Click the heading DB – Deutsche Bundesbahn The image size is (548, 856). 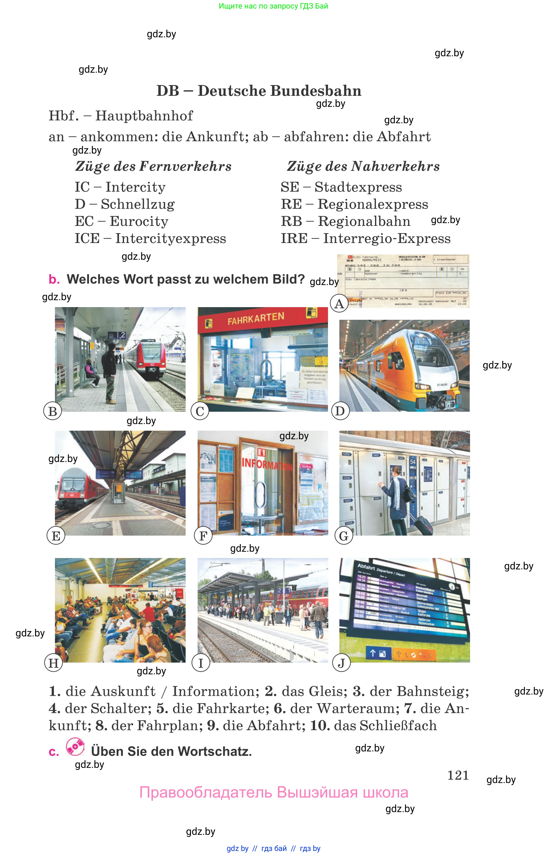point(259,91)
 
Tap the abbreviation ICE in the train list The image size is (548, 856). point(87,238)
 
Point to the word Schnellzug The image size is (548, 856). point(138,204)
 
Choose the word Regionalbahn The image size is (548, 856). point(364,221)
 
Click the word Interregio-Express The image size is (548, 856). point(386,238)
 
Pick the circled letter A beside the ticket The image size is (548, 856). point(339,303)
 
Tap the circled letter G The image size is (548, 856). point(344,535)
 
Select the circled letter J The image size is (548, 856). point(341,663)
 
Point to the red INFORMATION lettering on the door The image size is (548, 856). point(266,464)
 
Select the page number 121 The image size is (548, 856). point(458,775)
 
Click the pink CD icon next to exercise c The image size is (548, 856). point(75,747)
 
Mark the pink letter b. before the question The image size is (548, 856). point(54,279)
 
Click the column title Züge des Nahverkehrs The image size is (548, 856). point(363,166)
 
